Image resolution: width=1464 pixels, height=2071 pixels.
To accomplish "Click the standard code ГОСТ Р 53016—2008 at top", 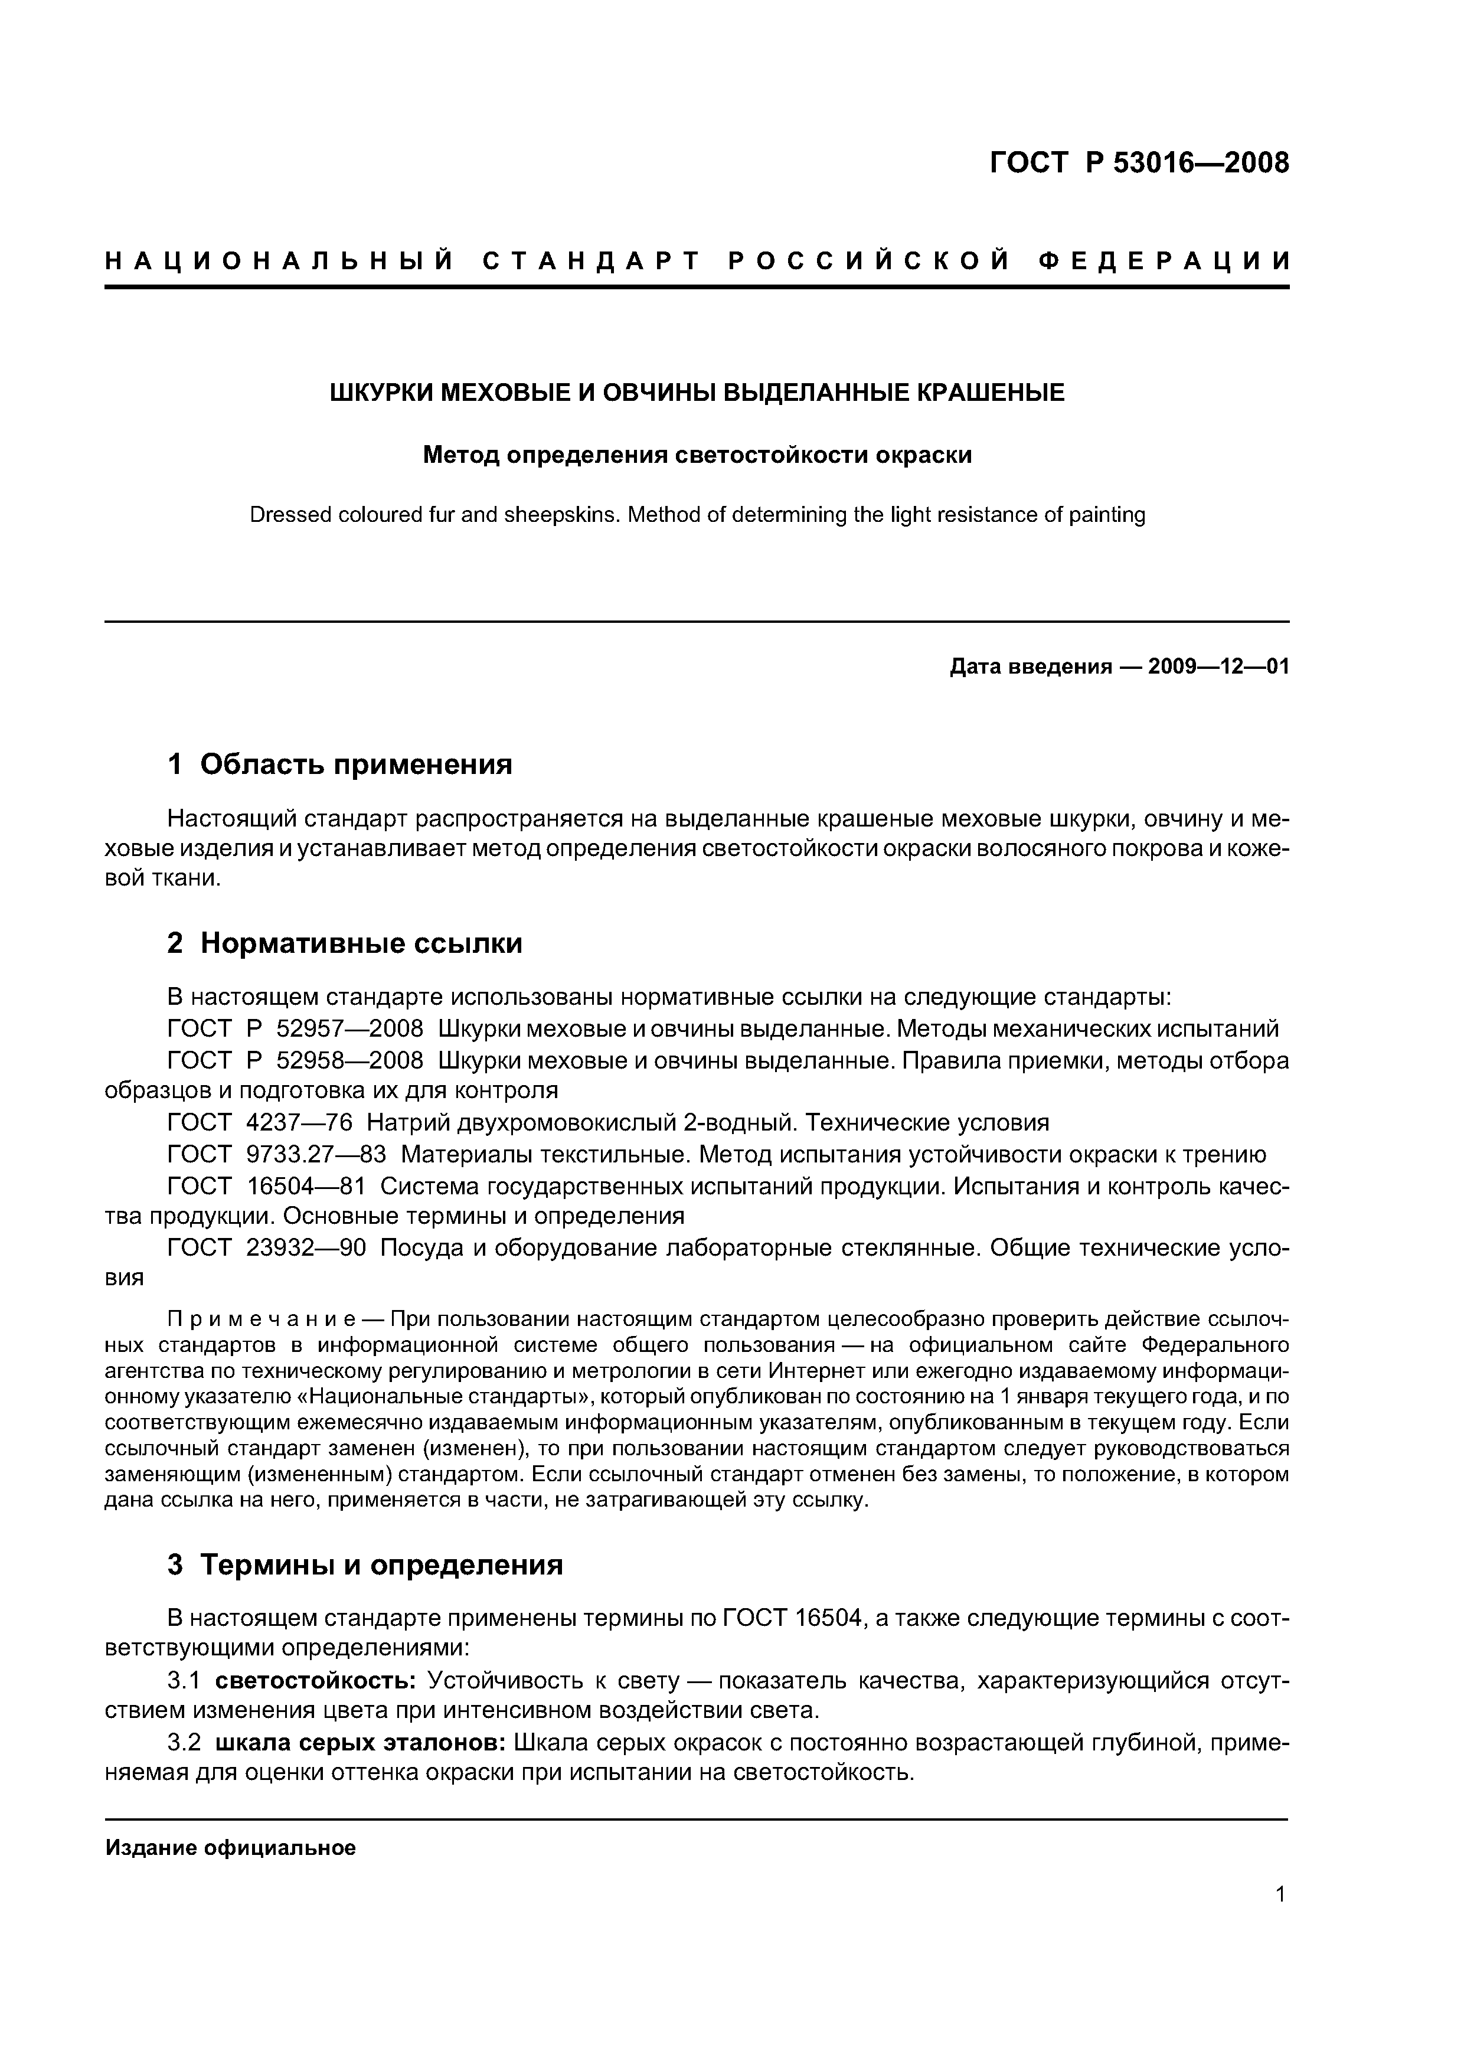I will pos(1139,164).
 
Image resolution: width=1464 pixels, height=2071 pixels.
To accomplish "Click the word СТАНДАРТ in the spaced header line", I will pos(591,262).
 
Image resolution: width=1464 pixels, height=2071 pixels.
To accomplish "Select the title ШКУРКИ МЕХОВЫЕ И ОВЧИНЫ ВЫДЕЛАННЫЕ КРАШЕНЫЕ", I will pos(697,393).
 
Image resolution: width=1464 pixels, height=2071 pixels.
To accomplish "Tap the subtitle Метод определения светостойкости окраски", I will pos(697,456).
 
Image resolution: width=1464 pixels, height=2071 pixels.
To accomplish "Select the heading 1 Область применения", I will pos(339,765).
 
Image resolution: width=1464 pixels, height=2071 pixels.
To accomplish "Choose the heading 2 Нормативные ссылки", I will pos(345,943).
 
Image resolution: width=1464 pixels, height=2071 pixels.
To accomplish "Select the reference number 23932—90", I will pos(306,1249).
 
